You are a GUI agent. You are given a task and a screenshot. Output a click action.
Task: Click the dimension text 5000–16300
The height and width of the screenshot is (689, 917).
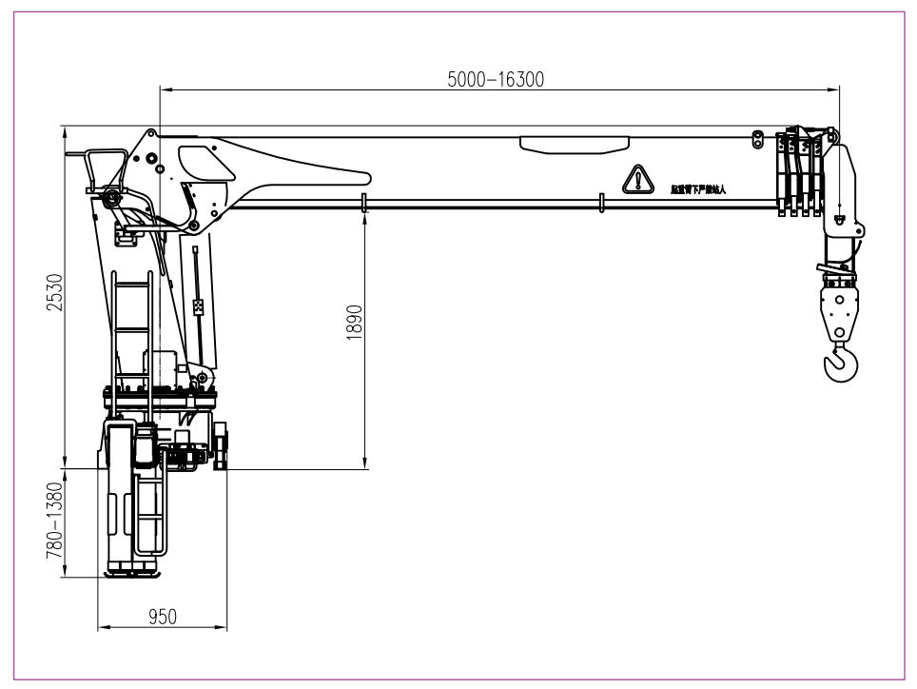[496, 80]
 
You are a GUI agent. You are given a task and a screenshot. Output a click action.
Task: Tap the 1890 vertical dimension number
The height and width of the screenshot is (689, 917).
[354, 324]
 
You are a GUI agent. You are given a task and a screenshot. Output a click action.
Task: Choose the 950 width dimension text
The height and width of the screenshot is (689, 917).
[163, 617]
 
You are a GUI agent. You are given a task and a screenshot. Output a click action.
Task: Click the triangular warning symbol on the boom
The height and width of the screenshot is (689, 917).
[638, 179]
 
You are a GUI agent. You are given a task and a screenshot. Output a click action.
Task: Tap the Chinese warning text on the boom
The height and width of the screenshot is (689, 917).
[698, 189]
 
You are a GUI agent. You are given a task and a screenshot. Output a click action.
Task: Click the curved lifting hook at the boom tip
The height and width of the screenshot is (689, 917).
[840, 364]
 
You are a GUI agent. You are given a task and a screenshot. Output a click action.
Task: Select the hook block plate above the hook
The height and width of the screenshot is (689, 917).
[839, 310]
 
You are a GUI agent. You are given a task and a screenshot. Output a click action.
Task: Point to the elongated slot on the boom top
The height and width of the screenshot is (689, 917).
[574, 144]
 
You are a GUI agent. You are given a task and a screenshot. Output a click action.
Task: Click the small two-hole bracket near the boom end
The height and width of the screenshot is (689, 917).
[758, 139]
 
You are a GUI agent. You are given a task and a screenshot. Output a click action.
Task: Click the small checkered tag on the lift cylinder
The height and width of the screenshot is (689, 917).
[199, 307]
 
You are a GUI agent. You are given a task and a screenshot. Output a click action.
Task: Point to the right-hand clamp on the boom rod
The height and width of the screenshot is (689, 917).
[601, 203]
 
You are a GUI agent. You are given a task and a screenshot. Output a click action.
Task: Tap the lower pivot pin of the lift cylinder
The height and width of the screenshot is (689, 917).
[203, 377]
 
